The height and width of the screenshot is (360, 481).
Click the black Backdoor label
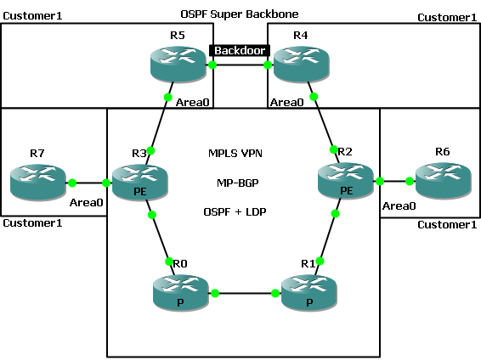point(238,51)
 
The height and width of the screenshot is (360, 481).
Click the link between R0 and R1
point(246,293)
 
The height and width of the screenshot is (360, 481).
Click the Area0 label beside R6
point(398,205)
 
